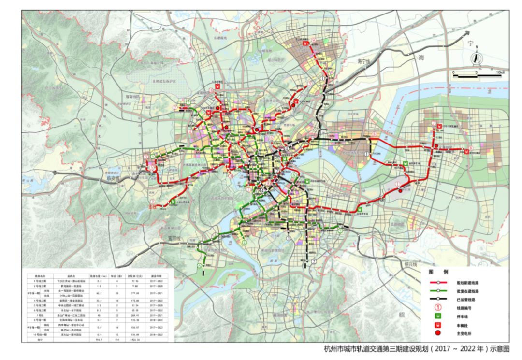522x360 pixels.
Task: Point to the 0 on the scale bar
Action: point(453,72)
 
